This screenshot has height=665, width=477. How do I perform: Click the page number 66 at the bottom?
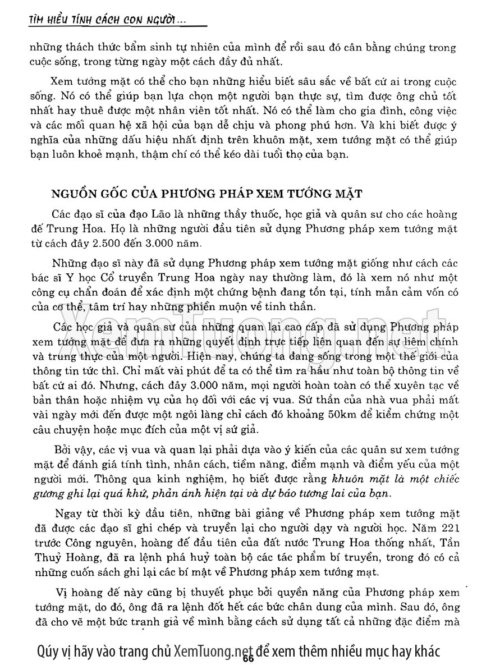coord(249,658)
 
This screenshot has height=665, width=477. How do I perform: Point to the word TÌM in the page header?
coord(38,21)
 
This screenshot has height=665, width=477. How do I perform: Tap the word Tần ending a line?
coord(450,544)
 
